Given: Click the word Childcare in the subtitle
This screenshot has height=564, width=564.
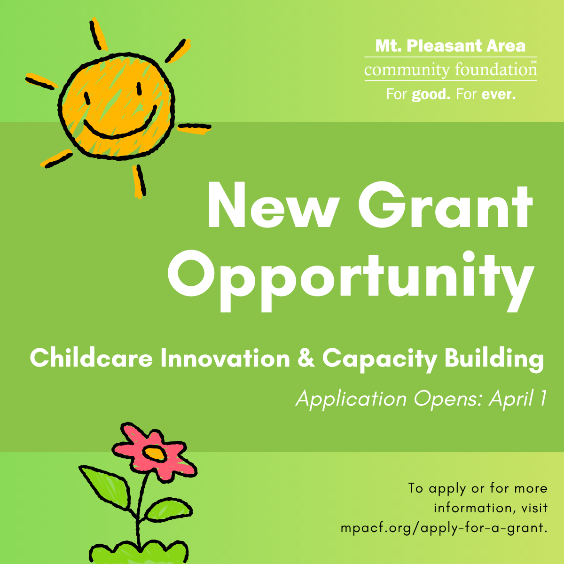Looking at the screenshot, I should [x=91, y=359].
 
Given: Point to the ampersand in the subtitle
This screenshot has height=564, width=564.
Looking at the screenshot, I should [x=306, y=359].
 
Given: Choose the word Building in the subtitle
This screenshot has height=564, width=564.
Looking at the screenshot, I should [x=494, y=359].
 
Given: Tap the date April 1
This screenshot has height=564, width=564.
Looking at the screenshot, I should [x=518, y=399].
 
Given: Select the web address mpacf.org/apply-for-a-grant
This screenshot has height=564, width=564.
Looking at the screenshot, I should [x=444, y=528].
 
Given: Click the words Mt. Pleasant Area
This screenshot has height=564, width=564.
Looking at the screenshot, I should [x=450, y=46].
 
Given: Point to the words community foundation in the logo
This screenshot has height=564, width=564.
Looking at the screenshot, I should [x=450, y=70].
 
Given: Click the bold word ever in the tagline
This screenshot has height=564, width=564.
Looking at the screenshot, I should [x=498, y=94].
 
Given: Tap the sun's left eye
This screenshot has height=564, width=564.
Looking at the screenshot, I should [x=86, y=98].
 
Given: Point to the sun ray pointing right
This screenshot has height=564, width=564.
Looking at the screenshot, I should [x=194, y=127].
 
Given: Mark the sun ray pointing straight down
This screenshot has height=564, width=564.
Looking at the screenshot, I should [x=139, y=180].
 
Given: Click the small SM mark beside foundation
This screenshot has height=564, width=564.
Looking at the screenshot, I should [x=533, y=62].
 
